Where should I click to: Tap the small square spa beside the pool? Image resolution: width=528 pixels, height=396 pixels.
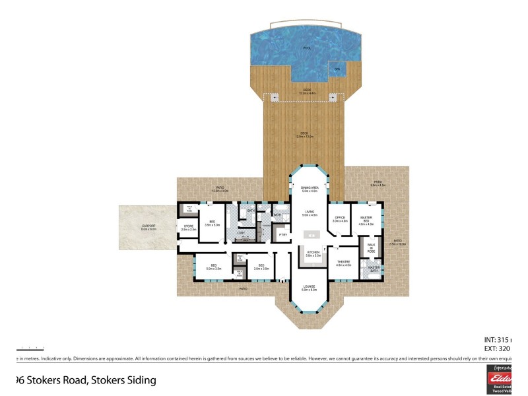[337, 69]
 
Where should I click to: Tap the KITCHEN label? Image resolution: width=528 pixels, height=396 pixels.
[313, 253]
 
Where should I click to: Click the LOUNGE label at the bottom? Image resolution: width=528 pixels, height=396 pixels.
[310, 288]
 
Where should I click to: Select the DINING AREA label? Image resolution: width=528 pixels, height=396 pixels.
[310, 189]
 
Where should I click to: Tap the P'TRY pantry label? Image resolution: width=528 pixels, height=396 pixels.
[283, 234]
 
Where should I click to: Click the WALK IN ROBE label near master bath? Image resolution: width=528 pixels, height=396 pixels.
[371, 249]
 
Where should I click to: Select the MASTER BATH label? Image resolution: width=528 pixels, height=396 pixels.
[374, 269]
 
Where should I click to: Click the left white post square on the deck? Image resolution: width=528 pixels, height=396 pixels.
[275, 98]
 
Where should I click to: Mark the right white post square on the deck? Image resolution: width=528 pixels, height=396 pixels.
[333, 98]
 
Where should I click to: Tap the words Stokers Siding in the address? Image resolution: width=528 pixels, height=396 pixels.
[123, 380]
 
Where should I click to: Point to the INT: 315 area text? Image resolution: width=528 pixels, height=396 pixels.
[499, 340]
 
